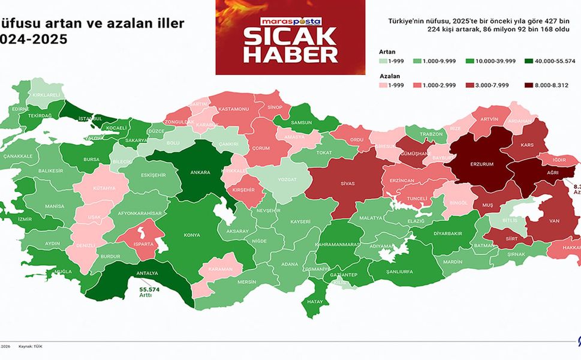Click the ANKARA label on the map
pyautogui.click(x=200, y=172)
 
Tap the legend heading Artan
pyautogui.click(x=388, y=52)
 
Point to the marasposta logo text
pyautogui.click(x=290, y=20)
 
